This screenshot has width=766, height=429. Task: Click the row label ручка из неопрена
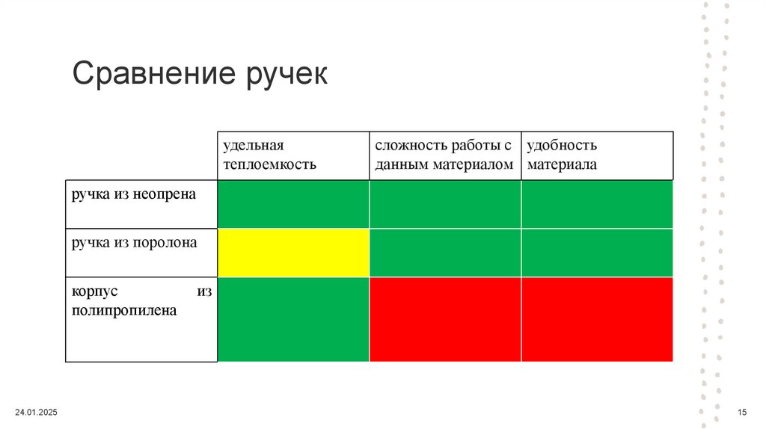pos(134,194)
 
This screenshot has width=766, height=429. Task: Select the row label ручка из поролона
pos(135,242)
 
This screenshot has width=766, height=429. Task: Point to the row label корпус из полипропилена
pos(142,300)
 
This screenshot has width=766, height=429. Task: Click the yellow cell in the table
pos(293,253)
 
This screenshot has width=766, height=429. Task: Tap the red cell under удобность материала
pos(597,319)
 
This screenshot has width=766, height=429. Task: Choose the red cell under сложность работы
pos(445,319)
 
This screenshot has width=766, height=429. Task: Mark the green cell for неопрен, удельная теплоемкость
pos(293,204)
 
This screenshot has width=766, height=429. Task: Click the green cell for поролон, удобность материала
pos(597,253)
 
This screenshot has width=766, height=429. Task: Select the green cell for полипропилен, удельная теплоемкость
pos(293,319)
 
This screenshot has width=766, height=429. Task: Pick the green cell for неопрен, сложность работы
pos(445,204)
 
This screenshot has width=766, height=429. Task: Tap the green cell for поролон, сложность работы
pos(445,253)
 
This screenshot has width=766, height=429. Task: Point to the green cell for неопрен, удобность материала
pos(597,204)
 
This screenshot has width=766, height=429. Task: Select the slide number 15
pos(743,413)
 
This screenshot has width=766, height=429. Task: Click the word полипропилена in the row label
pos(124,310)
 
